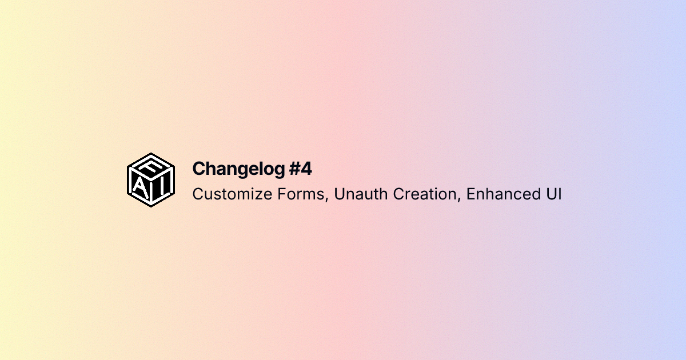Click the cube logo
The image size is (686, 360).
coord(150,180)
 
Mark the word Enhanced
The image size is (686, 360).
coord(500,194)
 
